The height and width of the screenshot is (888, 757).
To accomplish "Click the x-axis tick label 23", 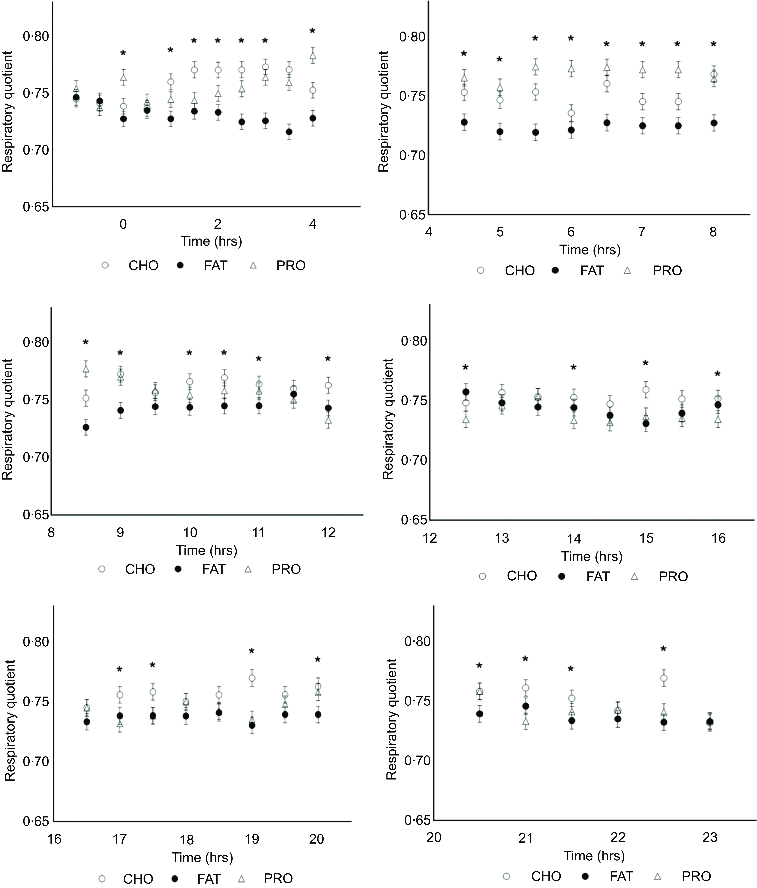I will tap(710, 837).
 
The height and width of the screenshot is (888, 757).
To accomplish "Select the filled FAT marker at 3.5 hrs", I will tap(289, 132).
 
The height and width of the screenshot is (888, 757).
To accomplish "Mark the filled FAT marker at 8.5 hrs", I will tap(86, 427).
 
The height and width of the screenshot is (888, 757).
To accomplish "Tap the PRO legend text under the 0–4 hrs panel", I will tap(291, 266).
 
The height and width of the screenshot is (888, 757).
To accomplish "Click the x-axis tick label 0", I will tap(123, 224).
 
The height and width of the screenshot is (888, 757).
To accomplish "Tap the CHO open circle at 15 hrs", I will tap(646, 390).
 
